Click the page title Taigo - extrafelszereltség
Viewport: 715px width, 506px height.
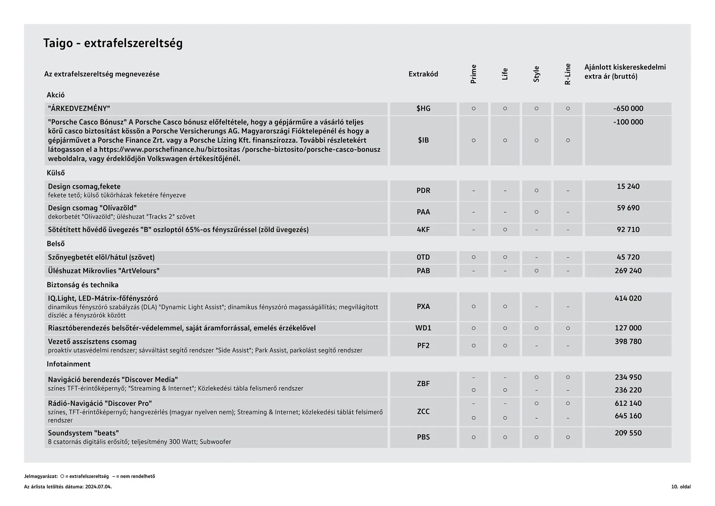point(113,43)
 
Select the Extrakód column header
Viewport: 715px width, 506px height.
point(423,74)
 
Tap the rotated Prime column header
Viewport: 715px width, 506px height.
point(473,74)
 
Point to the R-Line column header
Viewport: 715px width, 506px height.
point(568,74)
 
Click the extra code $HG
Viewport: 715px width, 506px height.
point(423,108)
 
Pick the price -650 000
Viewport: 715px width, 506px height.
point(628,108)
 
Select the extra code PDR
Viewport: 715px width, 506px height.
point(423,190)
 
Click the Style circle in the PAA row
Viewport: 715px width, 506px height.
point(536,212)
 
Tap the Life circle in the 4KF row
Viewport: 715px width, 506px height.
point(505,230)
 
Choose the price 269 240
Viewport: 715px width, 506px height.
point(628,271)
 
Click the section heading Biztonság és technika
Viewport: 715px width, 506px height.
point(82,285)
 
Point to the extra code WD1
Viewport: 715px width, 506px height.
point(423,328)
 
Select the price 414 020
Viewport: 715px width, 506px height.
point(628,298)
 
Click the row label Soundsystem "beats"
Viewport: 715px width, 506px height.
point(83,433)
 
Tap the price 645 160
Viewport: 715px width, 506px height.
point(628,416)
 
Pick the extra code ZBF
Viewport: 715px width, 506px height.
point(423,383)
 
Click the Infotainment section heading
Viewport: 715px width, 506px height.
point(69,364)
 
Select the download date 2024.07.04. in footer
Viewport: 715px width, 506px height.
point(98,487)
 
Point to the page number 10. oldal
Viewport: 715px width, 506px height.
point(681,487)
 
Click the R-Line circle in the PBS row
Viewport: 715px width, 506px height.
point(568,437)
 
